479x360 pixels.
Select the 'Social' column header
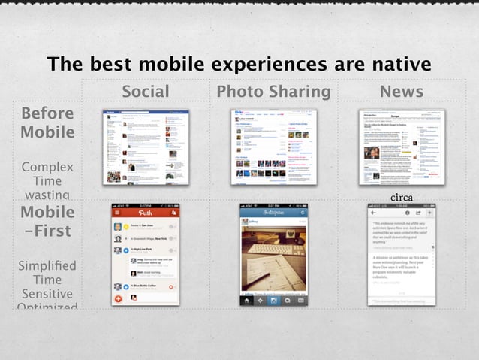click(x=146, y=92)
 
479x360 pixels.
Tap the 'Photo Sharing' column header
click(x=273, y=92)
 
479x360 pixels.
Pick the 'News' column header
click(x=401, y=92)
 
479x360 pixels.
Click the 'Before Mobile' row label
click(x=47, y=123)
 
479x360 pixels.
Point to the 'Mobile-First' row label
click(x=47, y=221)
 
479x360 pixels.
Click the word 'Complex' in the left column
click(x=47, y=167)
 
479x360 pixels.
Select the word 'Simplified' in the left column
click(x=47, y=265)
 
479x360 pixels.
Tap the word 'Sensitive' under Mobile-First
click(x=47, y=293)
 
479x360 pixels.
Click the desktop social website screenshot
click(x=146, y=147)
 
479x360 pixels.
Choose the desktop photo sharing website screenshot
click(x=273, y=147)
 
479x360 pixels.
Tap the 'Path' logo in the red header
click(x=145, y=213)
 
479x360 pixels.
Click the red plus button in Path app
click(x=118, y=298)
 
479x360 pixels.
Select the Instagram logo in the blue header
click(x=273, y=213)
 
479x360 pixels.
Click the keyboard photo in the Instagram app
click(x=273, y=255)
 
